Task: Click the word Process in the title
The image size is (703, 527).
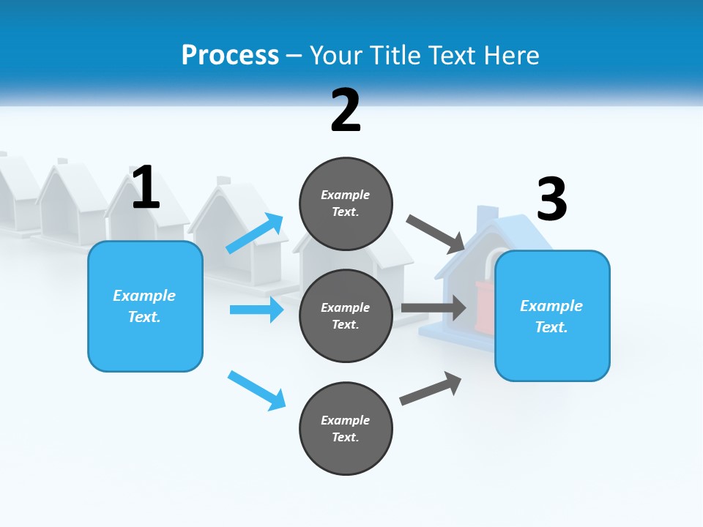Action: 230,55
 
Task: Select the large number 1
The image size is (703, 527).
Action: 146,187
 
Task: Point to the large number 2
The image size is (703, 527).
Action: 346,111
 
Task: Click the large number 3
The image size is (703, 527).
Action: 551,199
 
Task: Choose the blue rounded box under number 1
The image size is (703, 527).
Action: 145,306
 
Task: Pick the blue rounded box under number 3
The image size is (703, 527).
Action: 552,315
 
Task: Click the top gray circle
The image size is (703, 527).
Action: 346,203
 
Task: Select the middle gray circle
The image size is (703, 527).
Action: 346,315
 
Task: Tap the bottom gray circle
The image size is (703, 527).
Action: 346,428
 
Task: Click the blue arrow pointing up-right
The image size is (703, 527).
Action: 256,233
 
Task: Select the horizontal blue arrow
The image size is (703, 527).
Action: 256,310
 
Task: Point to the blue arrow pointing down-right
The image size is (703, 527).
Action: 256,390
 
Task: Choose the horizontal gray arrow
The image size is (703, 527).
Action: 434,307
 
